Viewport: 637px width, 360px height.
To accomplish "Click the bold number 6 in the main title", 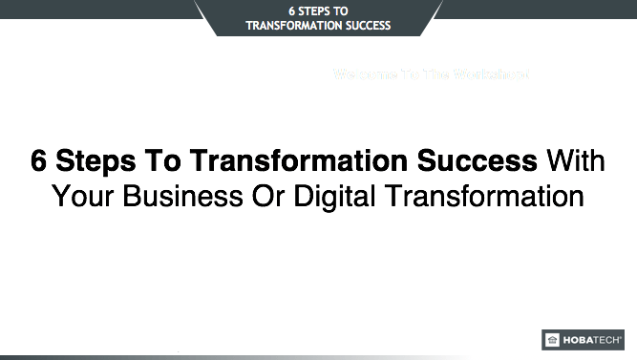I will (x=38, y=160).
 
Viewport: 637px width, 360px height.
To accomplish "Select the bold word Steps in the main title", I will (x=91, y=160).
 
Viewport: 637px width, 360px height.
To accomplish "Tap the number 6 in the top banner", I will (x=291, y=11).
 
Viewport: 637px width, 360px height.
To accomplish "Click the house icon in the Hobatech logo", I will (x=552, y=340).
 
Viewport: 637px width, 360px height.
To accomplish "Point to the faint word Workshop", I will (x=491, y=74).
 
